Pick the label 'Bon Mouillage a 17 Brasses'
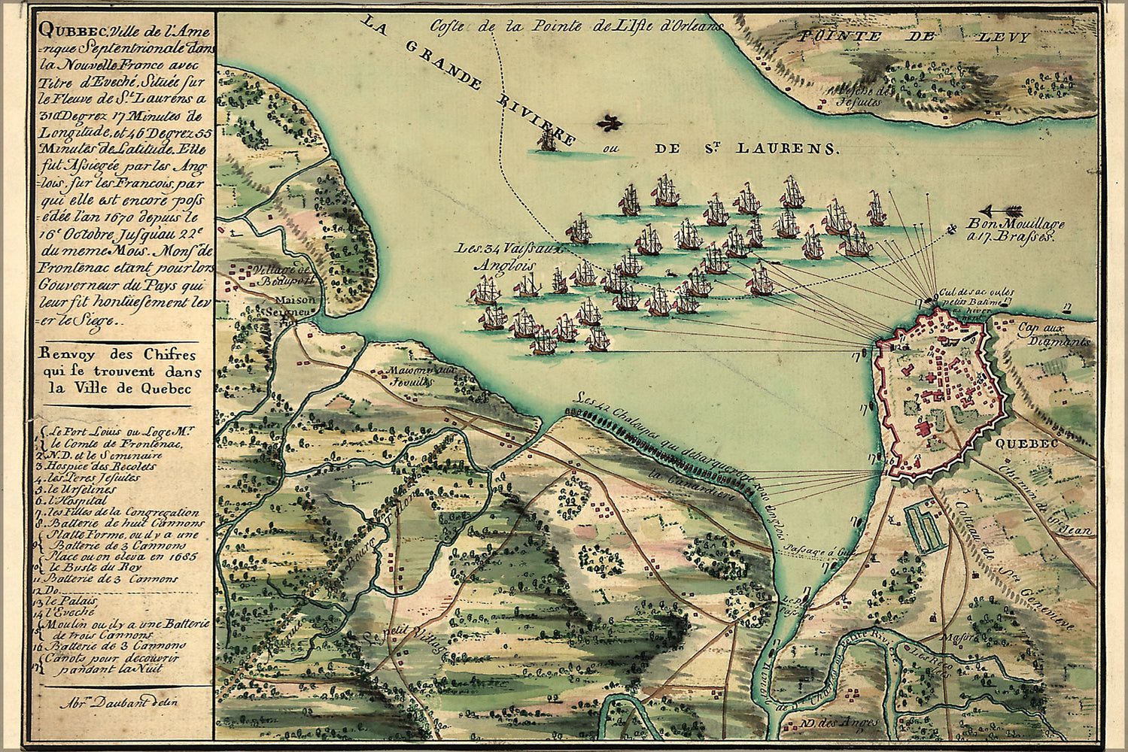point(1014,229)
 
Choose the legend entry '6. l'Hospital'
point(79,499)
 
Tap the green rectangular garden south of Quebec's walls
point(924,529)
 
